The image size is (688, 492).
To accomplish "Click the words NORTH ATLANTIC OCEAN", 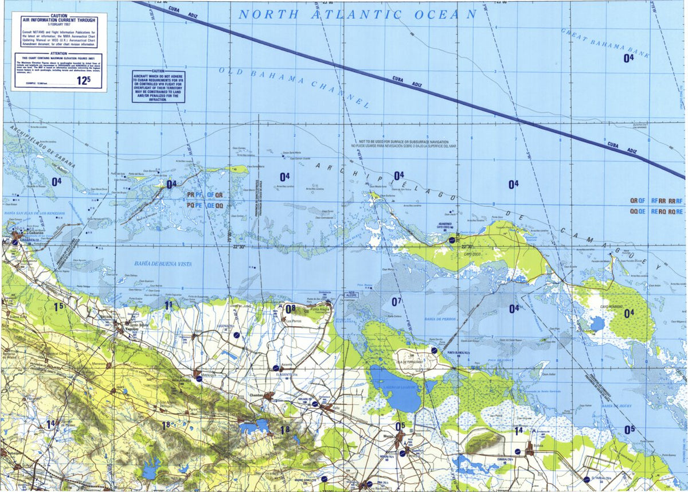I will coord(357,15).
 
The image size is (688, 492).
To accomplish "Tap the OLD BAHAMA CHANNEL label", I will coord(293,85).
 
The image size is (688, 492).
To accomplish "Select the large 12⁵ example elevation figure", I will coord(84,80).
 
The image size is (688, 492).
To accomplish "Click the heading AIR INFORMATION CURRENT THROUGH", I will coord(58,19).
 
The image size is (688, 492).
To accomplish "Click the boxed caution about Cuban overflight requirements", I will coord(158,86).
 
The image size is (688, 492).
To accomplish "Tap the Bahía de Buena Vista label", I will coord(163,264).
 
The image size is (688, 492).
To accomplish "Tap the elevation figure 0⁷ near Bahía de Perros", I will coord(397,301).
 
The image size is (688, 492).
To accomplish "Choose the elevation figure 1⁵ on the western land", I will coord(58,307).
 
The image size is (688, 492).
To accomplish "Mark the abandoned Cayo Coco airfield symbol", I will coord(452,240).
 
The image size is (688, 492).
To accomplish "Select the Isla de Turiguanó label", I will coord(408,362).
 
